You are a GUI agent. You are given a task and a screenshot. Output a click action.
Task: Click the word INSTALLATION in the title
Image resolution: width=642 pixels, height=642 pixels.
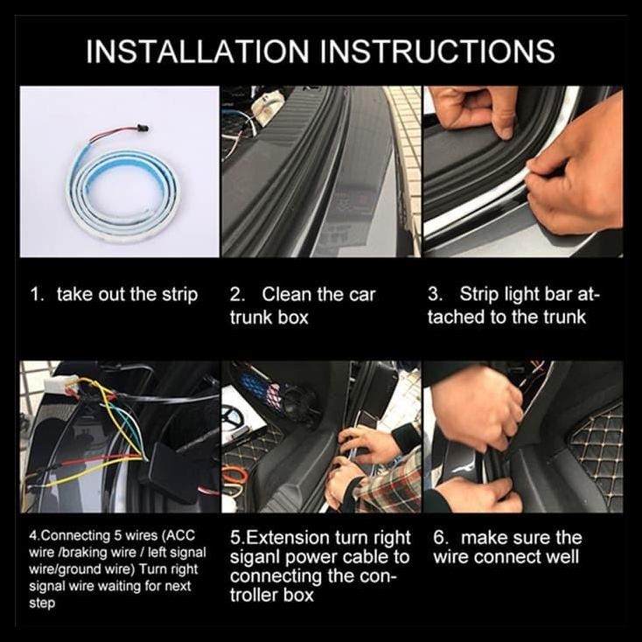[x=197, y=52]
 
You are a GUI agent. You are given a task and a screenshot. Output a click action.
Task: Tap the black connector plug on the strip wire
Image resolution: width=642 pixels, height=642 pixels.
[x=144, y=128]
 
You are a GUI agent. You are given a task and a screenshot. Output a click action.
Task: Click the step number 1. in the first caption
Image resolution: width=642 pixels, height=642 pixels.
[x=38, y=295]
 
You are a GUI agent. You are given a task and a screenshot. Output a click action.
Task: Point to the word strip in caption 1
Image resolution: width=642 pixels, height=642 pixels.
[x=180, y=296]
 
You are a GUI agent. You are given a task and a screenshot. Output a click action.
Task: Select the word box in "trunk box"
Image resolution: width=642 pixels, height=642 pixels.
[x=293, y=318]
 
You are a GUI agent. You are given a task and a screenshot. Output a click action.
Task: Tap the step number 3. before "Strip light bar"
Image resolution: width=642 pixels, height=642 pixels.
[x=436, y=295]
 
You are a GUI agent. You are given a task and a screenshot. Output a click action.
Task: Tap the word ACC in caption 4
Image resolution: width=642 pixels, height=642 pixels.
[x=181, y=536]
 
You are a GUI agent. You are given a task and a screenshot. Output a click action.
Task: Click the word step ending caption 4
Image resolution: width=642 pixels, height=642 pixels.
[x=42, y=604]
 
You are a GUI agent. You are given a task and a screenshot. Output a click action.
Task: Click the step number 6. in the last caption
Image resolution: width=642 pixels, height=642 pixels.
[x=441, y=538]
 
